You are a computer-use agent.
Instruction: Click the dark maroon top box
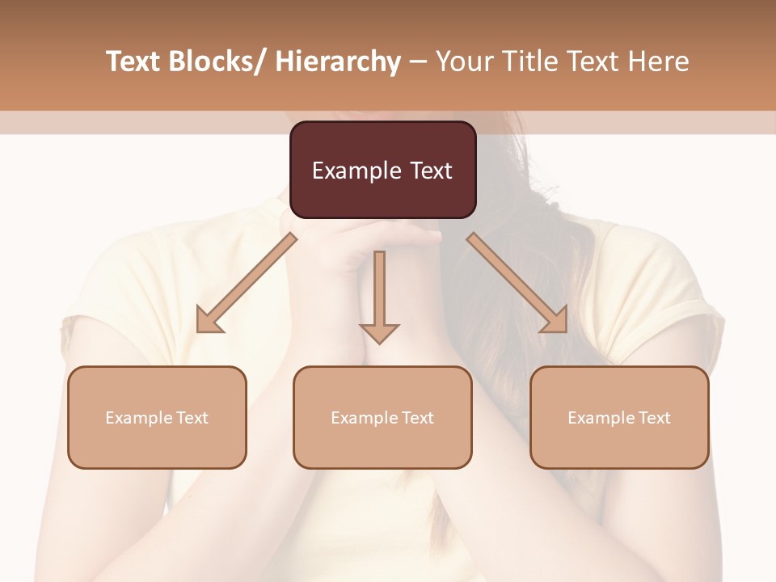[x=382, y=170]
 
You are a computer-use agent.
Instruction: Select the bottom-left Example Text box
[x=157, y=417]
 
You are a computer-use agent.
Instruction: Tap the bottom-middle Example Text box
[x=382, y=417]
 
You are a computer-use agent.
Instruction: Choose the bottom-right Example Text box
[x=619, y=417]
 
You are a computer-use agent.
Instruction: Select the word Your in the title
[x=462, y=61]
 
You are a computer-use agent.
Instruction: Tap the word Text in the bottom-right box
[x=654, y=418]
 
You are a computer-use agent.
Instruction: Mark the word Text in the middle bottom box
[x=417, y=418]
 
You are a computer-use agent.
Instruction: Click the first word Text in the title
[x=133, y=61]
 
